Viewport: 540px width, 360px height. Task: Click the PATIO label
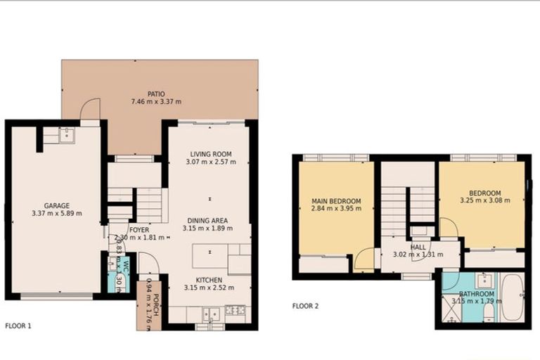click(x=156, y=94)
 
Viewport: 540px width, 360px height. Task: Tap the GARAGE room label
click(x=57, y=206)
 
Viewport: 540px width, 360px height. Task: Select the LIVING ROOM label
click(x=210, y=154)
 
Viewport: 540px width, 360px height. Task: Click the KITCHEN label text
click(x=210, y=279)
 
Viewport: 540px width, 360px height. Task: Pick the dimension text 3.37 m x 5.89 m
click(x=57, y=214)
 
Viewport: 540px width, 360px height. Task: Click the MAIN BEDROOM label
click(x=336, y=202)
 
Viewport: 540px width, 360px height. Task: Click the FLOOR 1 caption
click(x=18, y=326)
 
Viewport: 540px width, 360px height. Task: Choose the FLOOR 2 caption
click(x=305, y=306)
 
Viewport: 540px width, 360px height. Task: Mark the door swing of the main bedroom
click(x=364, y=261)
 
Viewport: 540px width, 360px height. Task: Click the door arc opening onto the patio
click(x=90, y=109)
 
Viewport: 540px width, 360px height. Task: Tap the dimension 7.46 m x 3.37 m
click(x=156, y=102)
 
